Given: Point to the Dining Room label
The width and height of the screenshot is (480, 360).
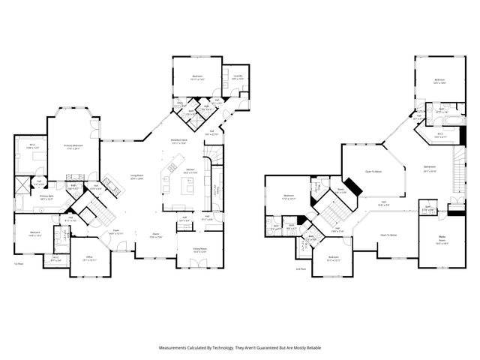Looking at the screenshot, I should point(199,250).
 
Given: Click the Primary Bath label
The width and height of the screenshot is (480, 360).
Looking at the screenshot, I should point(50,197).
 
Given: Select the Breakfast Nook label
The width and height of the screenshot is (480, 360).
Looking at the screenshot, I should point(178,141).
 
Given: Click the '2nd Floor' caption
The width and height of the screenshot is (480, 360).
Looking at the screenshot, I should point(280,268).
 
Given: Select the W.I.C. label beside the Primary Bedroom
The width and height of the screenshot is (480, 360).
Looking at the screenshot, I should point(31,147).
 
